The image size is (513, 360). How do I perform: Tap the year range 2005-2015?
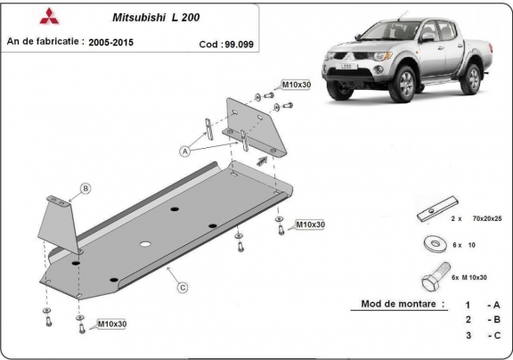pyautogui.click(x=119, y=41)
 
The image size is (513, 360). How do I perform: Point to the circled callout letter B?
pyautogui.click(x=85, y=187)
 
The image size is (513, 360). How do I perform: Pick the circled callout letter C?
pyautogui.click(x=182, y=287)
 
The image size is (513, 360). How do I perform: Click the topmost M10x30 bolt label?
pyautogui.click(x=295, y=85)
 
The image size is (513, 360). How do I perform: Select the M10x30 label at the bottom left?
pyautogui.click(x=111, y=324)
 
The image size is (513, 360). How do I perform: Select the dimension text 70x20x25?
pyautogui.click(x=486, y=218)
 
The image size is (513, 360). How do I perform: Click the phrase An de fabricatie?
pyautogui.click(x=45, y=41)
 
